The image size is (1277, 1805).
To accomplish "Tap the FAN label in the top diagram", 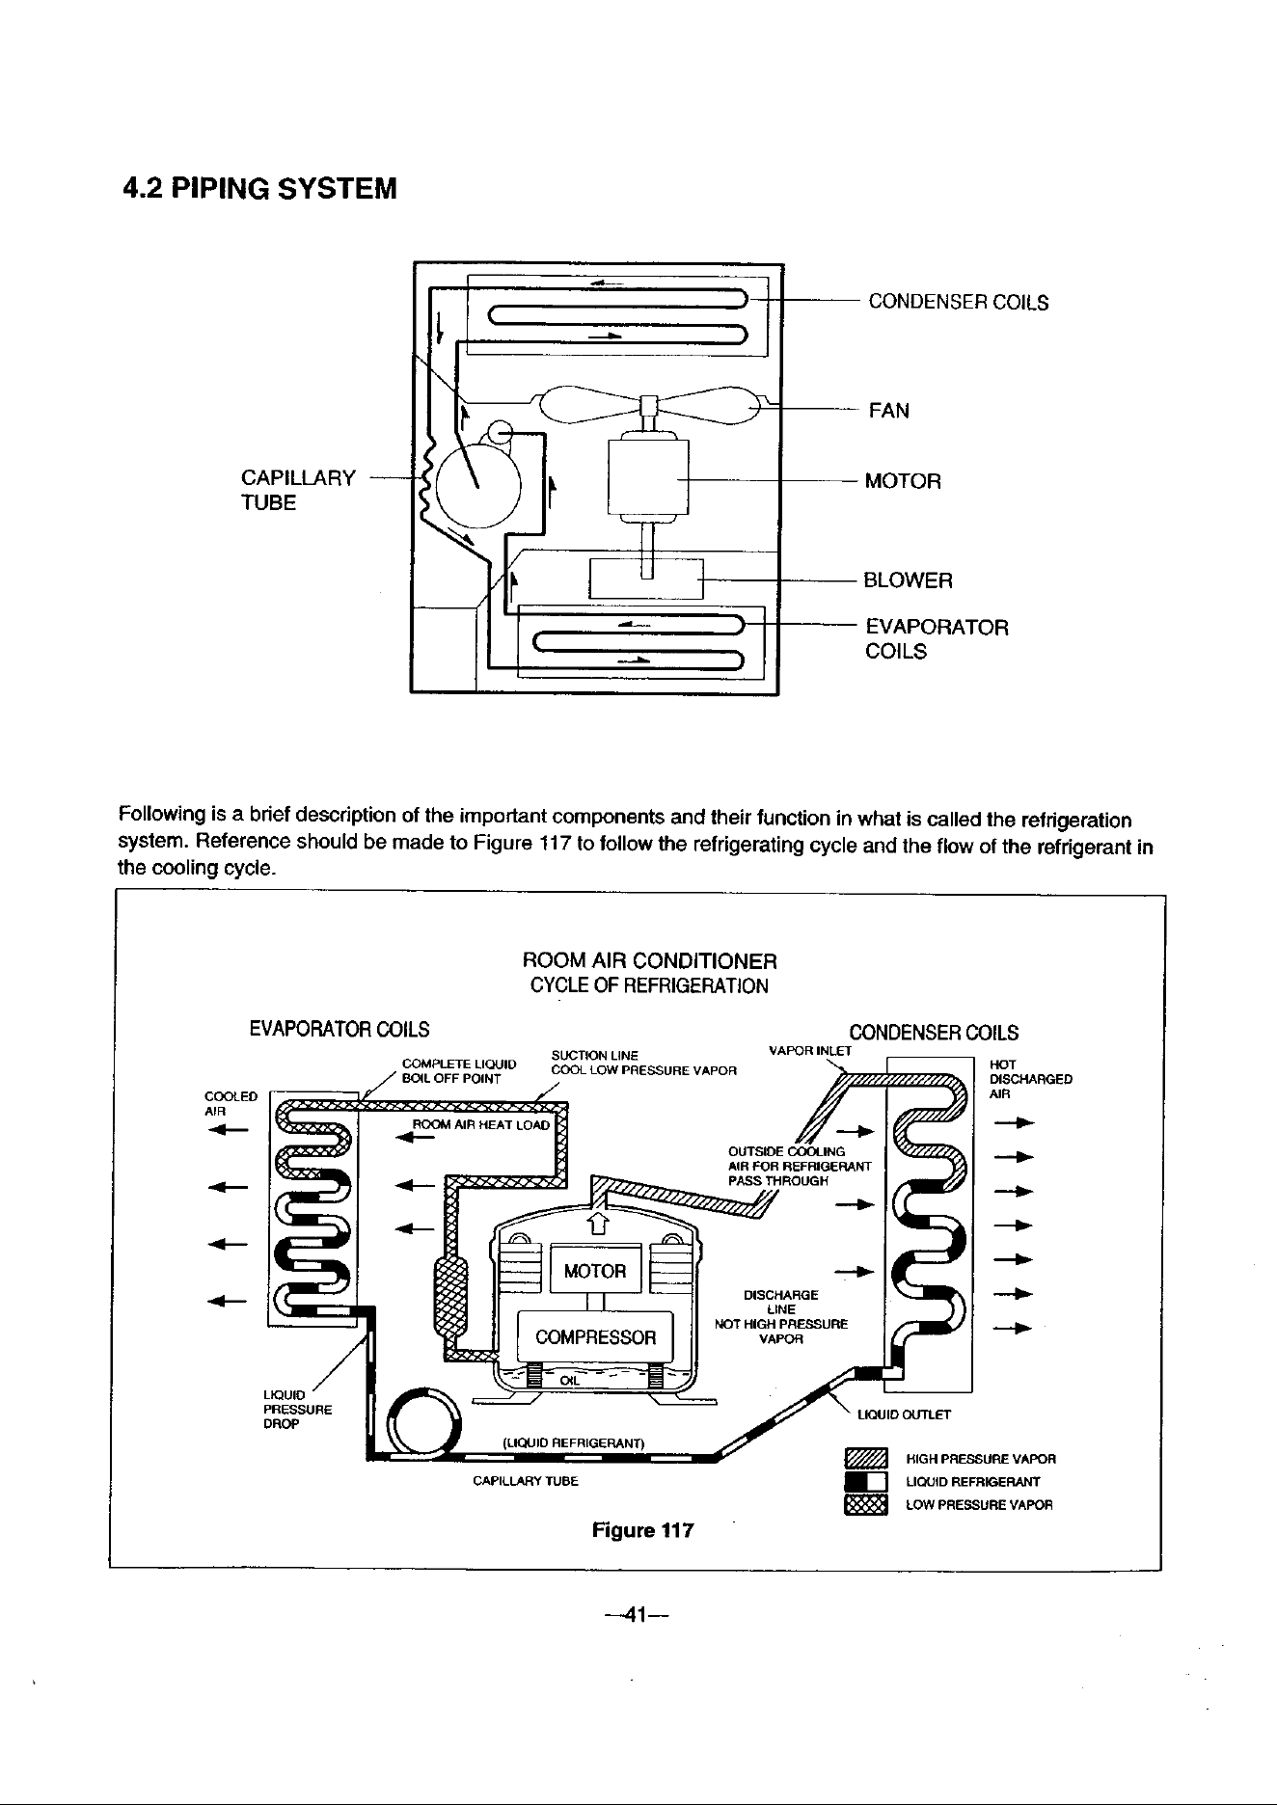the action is tap(888, 411).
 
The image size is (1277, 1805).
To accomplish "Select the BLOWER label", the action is tap(908, 580).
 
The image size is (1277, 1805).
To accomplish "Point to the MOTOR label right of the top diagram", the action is tap(903, 481).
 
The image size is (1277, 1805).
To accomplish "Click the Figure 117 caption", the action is tap(642, 1530).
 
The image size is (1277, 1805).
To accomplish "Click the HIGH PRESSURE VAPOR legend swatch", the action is tap(865, 1458).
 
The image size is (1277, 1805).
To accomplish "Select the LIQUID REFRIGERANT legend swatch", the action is tap(865, 1481).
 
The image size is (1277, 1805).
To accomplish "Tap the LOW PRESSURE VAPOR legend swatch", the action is tap(865, 1504).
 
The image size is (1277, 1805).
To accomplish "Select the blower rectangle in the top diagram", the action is tap(647, 579).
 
